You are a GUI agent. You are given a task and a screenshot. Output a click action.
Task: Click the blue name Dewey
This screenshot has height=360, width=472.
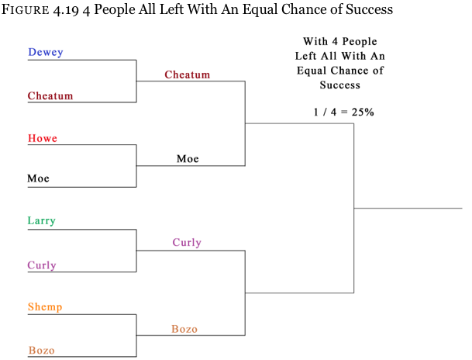coord(46,52)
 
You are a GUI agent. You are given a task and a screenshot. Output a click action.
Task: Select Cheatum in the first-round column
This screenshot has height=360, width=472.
coord(50,95)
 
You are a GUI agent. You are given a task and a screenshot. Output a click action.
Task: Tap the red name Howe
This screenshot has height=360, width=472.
coord(43,138)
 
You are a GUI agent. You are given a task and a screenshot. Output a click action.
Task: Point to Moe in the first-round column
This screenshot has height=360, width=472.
coord(38,178)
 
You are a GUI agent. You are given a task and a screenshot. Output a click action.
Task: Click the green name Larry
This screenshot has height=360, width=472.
coord(42,221)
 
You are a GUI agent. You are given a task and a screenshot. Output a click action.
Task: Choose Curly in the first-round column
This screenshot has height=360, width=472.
coord(42,265)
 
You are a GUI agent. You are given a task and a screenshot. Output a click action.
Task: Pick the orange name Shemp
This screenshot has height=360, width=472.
coord(45,307)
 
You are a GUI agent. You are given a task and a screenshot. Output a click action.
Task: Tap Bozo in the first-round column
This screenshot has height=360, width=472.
coord(42,351)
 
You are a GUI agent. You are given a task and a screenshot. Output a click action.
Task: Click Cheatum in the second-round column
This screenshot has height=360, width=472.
coord(188,74)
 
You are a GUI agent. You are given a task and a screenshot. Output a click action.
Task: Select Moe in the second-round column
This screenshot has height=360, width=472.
coord(188,159)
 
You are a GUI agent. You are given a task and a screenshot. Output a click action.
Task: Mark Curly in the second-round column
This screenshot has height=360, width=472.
coord(187,243)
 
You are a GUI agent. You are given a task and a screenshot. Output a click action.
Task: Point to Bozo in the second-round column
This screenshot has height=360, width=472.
coord(184,329)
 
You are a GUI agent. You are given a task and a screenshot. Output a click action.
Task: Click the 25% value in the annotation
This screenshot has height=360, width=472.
coord(363,112)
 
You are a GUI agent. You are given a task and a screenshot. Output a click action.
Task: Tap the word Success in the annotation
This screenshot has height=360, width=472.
coord(339,85)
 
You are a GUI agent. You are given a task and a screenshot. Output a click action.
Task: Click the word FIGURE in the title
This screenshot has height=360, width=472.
coord(26,9)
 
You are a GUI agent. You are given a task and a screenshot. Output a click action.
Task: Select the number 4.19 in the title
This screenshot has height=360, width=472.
coord(66,10)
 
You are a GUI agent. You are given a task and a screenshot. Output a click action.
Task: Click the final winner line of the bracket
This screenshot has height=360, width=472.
coord(408,208)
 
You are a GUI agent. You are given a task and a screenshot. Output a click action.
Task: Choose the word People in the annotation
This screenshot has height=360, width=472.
coord(360,42)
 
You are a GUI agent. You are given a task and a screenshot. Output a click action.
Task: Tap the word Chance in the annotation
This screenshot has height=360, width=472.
coord(350,71)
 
